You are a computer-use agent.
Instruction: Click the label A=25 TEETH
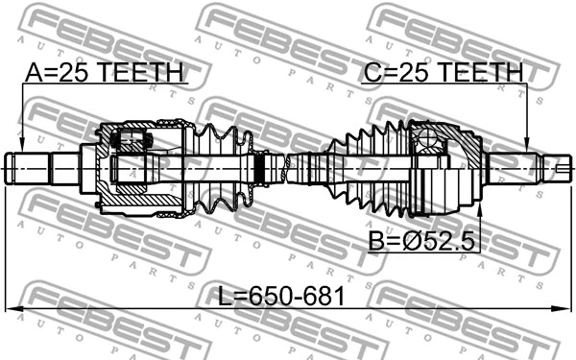pyautogui.click(x=106, y=73)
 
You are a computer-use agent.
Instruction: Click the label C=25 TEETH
pyautogui.click(x=443, y=73)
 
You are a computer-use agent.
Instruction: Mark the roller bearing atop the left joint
pyautogui.click(x=129, y=141)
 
